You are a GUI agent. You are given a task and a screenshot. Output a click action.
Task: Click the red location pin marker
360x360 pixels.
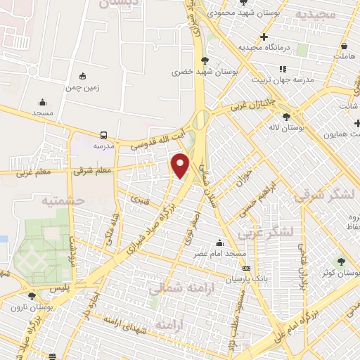pyautogui.click(x=181, y=165)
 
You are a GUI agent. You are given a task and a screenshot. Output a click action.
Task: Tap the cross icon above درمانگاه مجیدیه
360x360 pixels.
pyautogui.click(x=264, y=37)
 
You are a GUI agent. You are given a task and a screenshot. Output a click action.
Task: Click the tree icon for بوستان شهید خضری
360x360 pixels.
pyautogui.click(x=205, y=60)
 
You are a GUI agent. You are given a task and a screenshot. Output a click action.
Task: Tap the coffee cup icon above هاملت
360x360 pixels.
pyautogui.click(x=345, y=43)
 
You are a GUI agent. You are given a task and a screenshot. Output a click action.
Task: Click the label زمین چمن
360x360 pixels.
pyautogui.click(x=83, y=88)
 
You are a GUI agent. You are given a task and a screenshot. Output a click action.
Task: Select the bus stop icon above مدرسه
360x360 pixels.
pyautogui.click(x=103, y=134)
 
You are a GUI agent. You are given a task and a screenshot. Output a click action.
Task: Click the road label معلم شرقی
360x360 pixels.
pyautogui.click(x=74, y=169)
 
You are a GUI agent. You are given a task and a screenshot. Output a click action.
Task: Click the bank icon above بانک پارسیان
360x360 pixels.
pyautogui.click(x=246, y=268)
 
